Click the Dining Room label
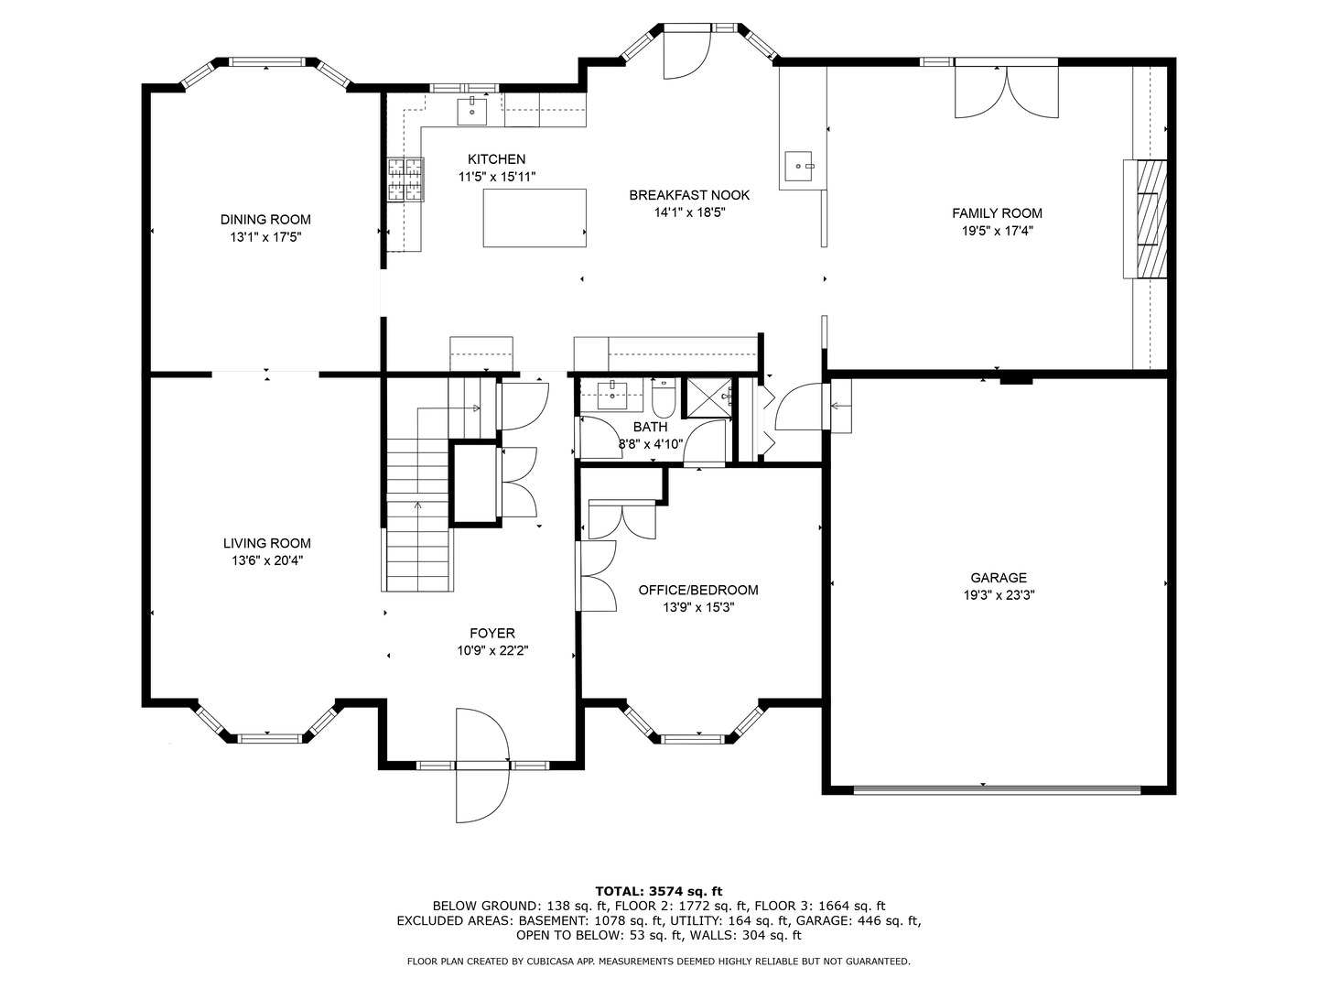[265, 219]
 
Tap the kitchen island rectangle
[535, 218]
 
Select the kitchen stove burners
[405, 179]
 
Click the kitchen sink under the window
[472, 111]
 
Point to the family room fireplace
[1145, 219]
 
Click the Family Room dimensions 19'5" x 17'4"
[998, 231]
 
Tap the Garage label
[999, 578]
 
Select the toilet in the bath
[664, 398]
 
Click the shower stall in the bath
[709, 397]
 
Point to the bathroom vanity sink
[612, 395]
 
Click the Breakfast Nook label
[689, 195]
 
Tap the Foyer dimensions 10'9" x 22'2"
[492, 650]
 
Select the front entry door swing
[482, 766]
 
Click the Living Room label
[267, 543]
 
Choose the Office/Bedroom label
[698, 591]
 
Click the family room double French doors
[1007, 92]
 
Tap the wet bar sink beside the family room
[799, 166]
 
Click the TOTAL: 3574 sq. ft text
[659, 891]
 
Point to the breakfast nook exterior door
[687, 54]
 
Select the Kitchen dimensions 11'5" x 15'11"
[497, 177]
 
